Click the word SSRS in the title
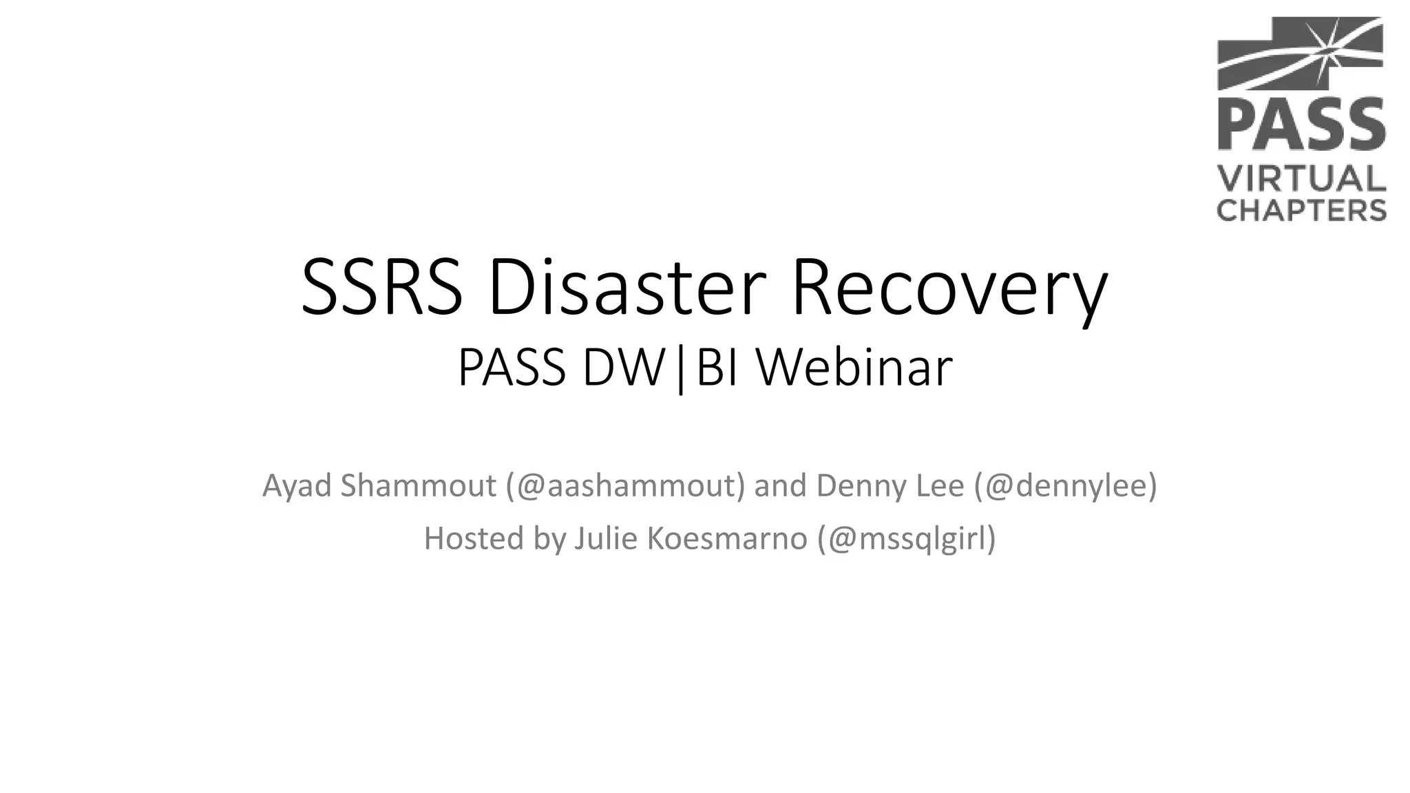[382, 287]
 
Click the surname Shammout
[418, 485]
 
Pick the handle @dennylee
[1066, 486]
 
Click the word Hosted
[474, 538]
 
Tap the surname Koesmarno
[726, 538]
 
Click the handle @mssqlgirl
[907, 539]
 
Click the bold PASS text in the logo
[1301, 125]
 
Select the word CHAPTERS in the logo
[1301, 209]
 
